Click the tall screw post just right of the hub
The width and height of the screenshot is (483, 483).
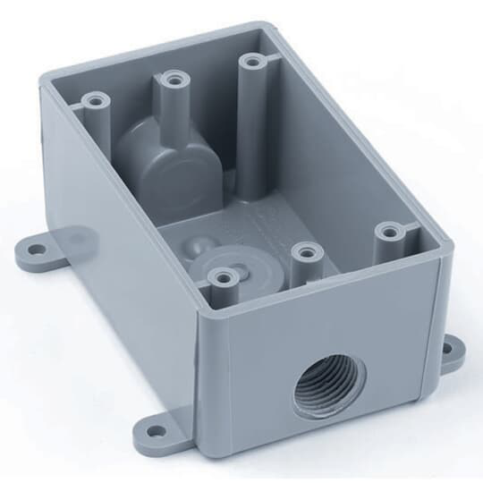click(x=251, y=64)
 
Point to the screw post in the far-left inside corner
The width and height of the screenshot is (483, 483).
click(x=93, y=98)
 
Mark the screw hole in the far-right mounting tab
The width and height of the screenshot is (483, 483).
click(x=456, y=351)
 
